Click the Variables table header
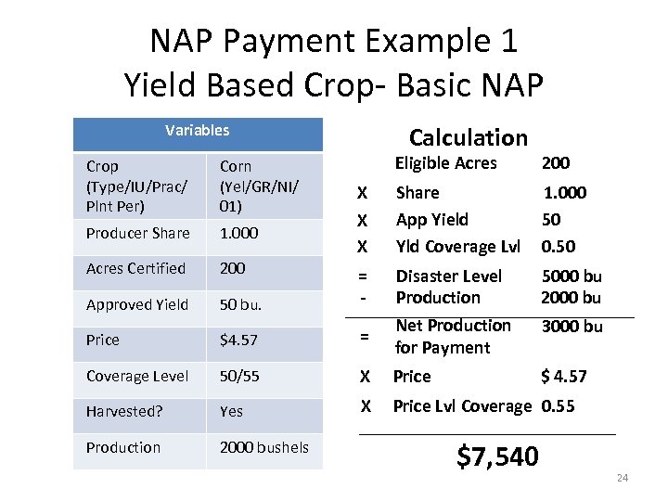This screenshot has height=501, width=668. tap(197, 131)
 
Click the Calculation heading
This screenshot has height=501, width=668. tap(468, 137)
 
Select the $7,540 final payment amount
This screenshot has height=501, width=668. tap(497, 456)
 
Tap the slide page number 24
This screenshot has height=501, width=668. tap(622, 478)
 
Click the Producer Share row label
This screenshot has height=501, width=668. tap(137, 233)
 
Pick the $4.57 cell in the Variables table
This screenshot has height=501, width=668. tap(238, 340)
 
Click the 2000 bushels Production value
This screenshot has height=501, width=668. tap(263, 447)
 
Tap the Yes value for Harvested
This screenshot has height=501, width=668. tap(232, 411)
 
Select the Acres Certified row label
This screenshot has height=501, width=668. tap(135, 268)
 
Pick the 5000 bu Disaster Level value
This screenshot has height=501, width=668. tap(571, 276)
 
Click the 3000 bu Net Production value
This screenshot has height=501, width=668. tap(571, 326)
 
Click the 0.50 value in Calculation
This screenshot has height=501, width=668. tap(558, 246)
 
